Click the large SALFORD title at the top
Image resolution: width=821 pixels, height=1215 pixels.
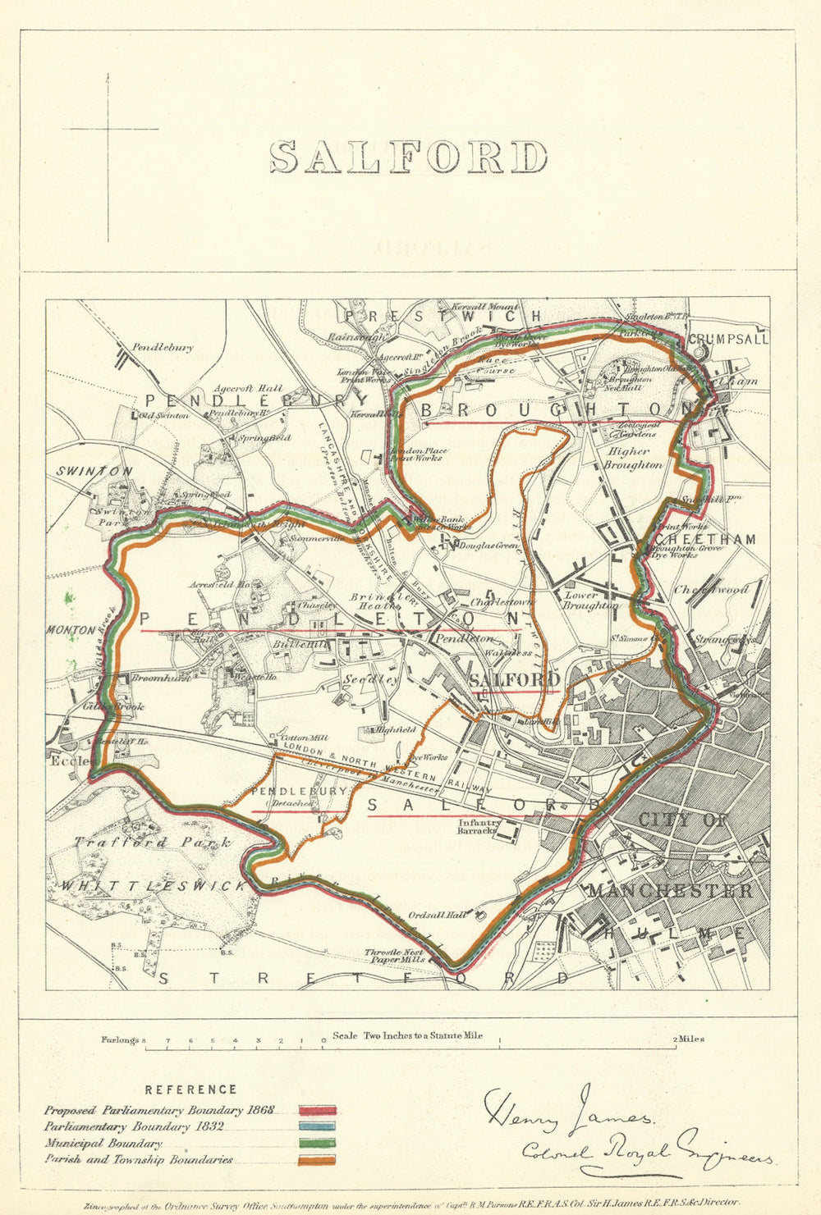[x=409, y=158]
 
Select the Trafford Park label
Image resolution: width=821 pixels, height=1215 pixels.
[x=152, y=843]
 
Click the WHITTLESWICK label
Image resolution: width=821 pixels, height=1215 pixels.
[x=154, y=886]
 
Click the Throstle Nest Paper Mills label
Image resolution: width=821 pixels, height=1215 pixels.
[x=395, y=956]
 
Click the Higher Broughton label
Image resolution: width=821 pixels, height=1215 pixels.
[x=632, y=458]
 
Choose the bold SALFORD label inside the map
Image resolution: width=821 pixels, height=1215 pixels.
[x=515, y=680]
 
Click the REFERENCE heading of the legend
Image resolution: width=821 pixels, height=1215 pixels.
[x=190, y=1089]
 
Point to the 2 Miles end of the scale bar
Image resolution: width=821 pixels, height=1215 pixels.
[x=689, y=1039]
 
